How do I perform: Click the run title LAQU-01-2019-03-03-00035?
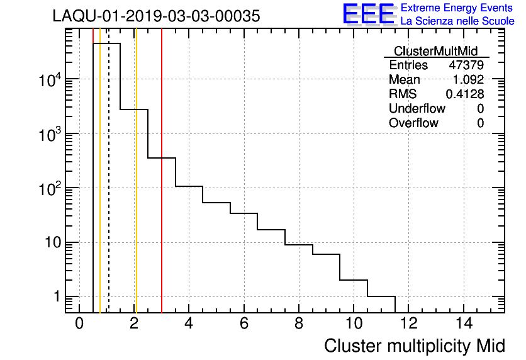(x=156, y=16)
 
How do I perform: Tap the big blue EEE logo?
(x=369, y=14)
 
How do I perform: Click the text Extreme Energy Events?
(x=457, y=8)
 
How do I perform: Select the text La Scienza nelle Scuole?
(x=457, y=21)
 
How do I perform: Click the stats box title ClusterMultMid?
(x=435, y=51)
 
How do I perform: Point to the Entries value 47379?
(x=466, y=65)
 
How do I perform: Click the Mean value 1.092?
(x=468, y=80)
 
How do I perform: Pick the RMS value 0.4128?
(x=465, y=94)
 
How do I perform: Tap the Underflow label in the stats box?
(x=417, y=109)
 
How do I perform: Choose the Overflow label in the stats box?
(x=413, y=123)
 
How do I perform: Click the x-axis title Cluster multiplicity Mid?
(x=415, y=346)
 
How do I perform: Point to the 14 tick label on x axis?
(x=464, y=323)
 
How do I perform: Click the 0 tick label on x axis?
(x=79, y=323)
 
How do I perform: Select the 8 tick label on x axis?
(x=299, y=323)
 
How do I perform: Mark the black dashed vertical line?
(x=109, y=189)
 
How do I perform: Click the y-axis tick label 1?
(x=56, y=297)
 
